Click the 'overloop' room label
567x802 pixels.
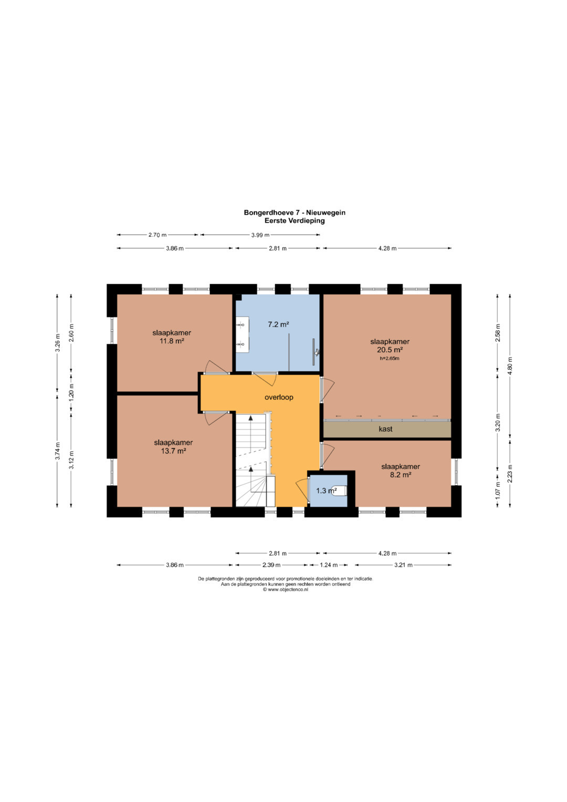point(279,397)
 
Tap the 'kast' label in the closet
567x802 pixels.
point(385,429)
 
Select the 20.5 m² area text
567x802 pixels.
point(390,350)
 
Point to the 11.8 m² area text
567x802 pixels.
point(172,341)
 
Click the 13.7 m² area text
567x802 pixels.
point(173,451)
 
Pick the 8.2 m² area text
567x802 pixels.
point(401,475)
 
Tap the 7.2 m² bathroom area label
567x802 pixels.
point(278,325)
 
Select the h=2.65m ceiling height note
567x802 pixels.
point(390,358)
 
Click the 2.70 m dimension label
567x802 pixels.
point(157,235)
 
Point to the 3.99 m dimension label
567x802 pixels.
point(260,235)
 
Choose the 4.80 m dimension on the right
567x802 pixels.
point(510,365)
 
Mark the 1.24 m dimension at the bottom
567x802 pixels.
point(328,565)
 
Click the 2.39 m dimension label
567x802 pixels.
point(271,565)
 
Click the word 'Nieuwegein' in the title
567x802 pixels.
point(325,212)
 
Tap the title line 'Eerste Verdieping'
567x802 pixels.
point(295,221)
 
